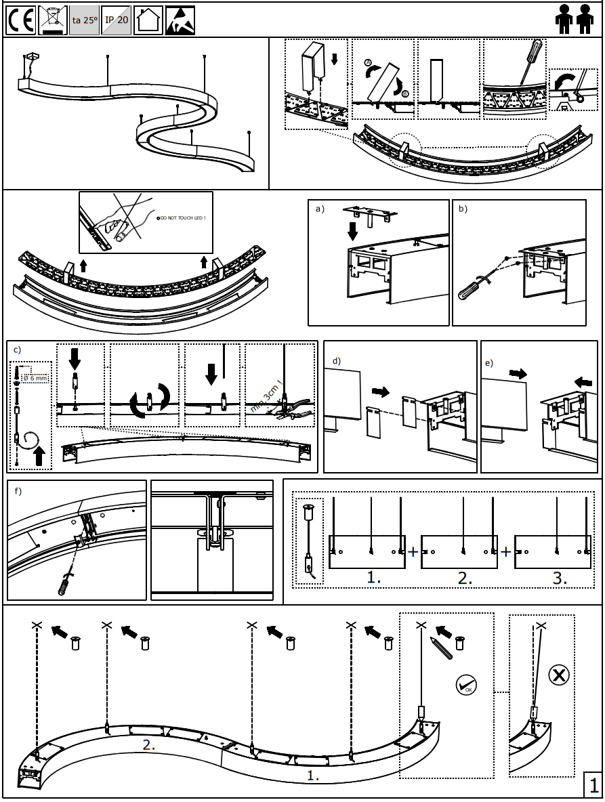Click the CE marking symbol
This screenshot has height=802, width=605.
(x=21, y=20)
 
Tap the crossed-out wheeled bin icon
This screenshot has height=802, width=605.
(x=53, y=20)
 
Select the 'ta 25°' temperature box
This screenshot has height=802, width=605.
(x=85, y=20)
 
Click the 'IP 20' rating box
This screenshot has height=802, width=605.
(x=117, y=20)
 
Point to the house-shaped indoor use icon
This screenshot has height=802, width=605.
(x=148, y=20)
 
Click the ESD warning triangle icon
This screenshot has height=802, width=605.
(x=180, y=20)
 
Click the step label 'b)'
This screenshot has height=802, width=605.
(x=463, y=209)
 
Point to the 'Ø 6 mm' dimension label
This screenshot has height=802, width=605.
(x=35, y=378)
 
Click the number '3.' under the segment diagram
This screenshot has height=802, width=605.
(x=560, y=578)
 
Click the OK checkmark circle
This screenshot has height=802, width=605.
(x=465, y=685)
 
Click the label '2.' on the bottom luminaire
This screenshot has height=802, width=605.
(x=148, y=744)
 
